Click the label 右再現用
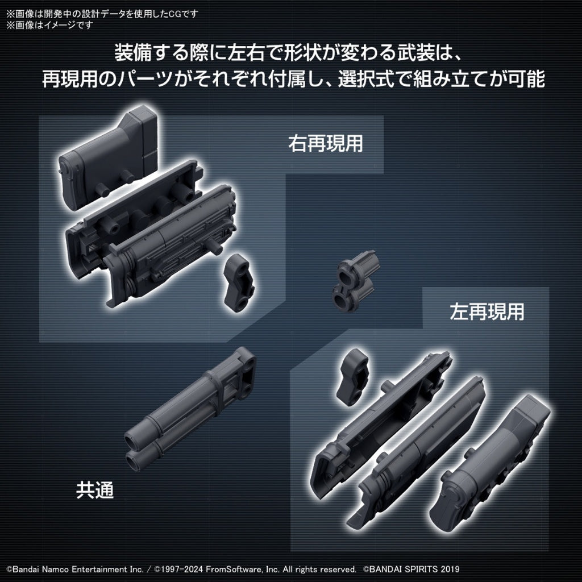click(325, 144)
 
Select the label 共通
click(95, 490)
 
